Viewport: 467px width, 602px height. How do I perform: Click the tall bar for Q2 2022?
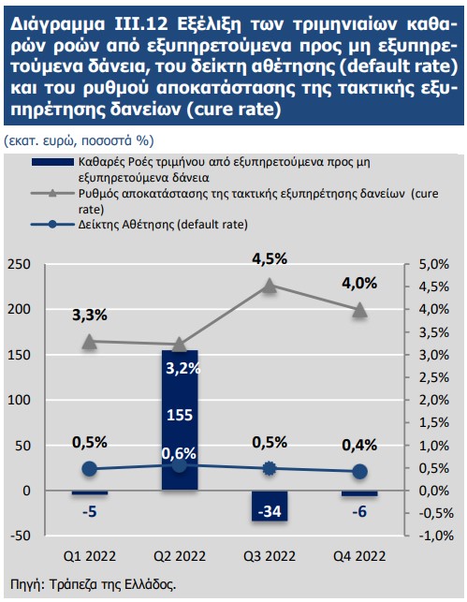point(180,420)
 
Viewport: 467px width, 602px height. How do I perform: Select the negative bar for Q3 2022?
point(270,506)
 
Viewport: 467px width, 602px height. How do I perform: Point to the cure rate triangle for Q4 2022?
point(360,309)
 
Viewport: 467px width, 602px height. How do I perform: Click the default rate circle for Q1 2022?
point(90,469)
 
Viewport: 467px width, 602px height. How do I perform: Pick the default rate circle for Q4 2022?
point(360,472)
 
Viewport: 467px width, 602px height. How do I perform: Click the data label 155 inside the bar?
point(180,415)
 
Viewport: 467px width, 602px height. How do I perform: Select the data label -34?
point(270,511)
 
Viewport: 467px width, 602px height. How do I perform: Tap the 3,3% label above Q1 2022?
point(90,316)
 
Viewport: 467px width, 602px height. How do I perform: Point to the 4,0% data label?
point(359,284)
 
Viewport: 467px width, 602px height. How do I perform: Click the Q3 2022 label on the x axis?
point(270,556)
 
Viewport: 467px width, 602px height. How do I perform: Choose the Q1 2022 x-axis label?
point(90,556)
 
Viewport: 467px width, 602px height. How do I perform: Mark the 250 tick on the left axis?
point(19,264)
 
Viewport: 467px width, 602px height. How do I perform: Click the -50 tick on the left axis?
point(20,536)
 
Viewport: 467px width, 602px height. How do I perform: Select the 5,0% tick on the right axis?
point(433,264)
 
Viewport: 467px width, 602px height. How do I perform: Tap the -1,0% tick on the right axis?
point(435,536)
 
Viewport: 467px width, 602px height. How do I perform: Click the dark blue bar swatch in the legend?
point(52,162)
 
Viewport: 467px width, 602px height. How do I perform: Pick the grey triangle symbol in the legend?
point(52,193)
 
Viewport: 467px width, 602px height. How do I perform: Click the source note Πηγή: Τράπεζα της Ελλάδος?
point(94,585)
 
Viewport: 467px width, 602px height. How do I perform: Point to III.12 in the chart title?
point(141,24)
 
